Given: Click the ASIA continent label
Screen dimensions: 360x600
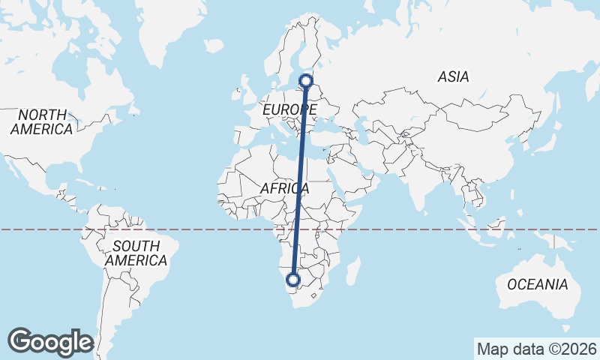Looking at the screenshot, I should pos(453,76).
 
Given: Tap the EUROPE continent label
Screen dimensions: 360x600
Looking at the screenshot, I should pos(289,110).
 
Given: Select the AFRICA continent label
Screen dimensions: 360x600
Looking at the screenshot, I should pos(285,189).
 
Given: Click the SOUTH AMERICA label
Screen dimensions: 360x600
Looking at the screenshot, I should pos(136,253).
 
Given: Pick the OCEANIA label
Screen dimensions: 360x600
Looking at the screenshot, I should pos(537,284).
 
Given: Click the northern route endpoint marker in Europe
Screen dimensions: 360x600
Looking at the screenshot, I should pos(305,80).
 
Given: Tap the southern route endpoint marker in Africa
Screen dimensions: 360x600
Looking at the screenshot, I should pos(293,280).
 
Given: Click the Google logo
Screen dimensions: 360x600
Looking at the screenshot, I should pos(50,342).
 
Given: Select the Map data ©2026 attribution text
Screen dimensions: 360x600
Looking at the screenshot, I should pos(536,349).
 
